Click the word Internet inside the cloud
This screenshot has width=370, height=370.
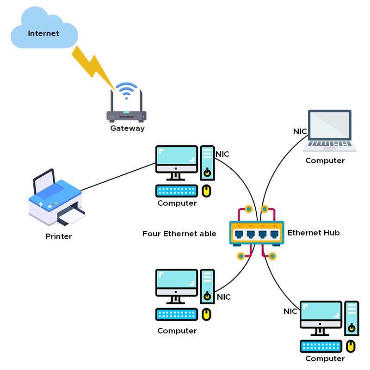(43, 33)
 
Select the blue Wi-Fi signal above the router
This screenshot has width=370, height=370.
(126, 90)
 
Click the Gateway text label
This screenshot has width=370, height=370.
(127, 129)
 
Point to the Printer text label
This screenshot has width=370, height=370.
(59, 236)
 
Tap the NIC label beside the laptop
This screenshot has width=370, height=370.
(300, 131)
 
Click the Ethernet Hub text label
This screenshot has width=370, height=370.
(314, 233)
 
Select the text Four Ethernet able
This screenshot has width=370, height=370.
(179, 234)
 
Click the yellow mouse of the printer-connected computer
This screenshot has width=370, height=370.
(207, 191)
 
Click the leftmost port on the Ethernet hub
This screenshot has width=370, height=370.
(239, 233)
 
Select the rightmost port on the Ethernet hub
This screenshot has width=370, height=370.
(275, 233)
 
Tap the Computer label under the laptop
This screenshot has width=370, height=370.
(325, 161)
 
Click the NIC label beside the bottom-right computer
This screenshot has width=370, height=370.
(290, 311)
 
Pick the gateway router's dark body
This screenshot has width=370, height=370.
(126, 116)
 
